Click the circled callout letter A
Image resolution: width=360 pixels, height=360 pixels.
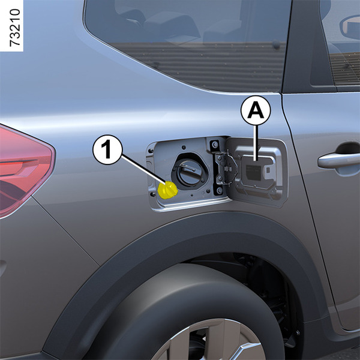(256, 110)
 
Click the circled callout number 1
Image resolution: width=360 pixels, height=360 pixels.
(107, 149)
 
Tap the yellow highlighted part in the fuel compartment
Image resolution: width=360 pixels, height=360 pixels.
(167, 190)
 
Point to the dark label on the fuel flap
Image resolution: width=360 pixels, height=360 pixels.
(253, 172)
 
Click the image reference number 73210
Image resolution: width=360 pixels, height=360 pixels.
(15, 28)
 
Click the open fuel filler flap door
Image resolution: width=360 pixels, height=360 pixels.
(257, 172)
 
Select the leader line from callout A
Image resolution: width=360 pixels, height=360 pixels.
(256, 143)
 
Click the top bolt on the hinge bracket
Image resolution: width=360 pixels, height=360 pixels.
(215, 145)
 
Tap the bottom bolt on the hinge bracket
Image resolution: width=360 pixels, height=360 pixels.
(219, 190)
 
